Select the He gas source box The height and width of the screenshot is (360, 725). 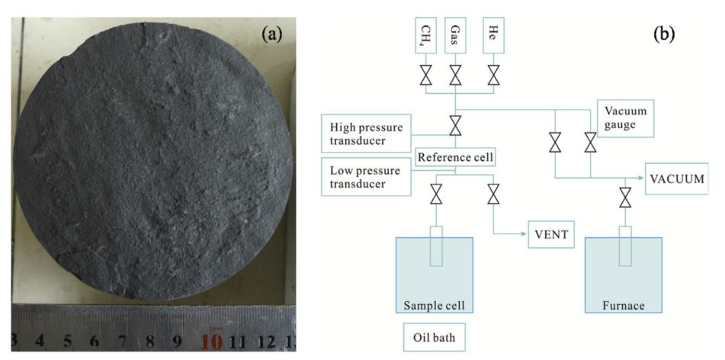(493, 35)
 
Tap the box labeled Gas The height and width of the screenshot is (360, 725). (455, 35)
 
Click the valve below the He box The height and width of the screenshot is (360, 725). (494, 75)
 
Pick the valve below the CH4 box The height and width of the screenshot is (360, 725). (426, 75)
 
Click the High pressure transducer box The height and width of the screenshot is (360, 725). (366, 133)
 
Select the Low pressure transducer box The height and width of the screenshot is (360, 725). (366, 177)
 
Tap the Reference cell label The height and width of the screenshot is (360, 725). (455, 157)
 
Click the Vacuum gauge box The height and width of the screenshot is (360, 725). (626, 118)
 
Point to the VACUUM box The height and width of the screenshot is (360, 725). (677, 178)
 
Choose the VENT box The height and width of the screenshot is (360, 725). (551, 234)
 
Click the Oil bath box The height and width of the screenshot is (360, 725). (434, 337)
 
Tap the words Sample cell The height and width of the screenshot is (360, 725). (435, 305)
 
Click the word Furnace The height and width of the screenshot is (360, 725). (624, 305)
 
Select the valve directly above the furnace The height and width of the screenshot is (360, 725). (626, 198)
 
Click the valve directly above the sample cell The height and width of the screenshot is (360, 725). (435, 194)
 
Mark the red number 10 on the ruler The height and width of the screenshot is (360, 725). (212, 341)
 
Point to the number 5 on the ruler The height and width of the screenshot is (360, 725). (67, 341)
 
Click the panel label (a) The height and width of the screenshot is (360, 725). (271, 35)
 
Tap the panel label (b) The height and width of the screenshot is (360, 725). (664, 35)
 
